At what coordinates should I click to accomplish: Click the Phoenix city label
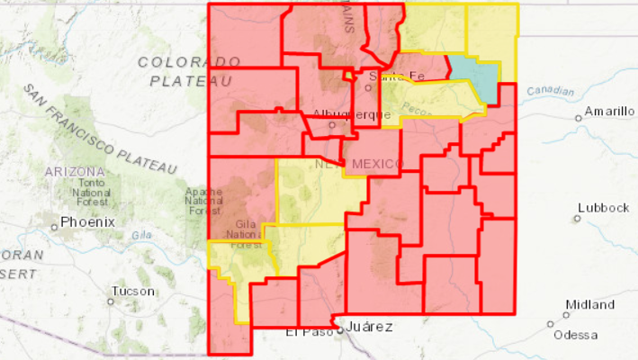tap(89, 221)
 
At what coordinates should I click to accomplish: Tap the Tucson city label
tap(133, 292)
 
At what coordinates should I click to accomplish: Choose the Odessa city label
tap(575, 334)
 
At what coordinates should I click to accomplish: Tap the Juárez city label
tap(369, 327)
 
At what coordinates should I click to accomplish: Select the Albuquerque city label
tap(352, 114)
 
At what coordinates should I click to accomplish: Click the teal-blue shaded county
tap(475, 80)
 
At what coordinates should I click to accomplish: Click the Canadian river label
tap(550, 90)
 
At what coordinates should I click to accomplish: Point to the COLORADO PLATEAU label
tap(190, 71)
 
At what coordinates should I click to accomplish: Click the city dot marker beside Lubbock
tap(577, 218)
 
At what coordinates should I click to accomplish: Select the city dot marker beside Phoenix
tap(54, 226)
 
